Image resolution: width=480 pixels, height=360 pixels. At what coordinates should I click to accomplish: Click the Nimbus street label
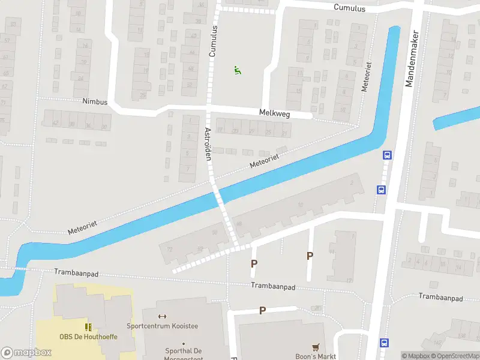coord(95,102)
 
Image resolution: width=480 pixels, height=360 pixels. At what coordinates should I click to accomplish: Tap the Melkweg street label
coord(274,112)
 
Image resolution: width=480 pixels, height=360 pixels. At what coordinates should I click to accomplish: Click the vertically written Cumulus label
coord(212,41)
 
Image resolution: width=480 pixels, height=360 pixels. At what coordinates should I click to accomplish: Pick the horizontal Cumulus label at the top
coord(350,7)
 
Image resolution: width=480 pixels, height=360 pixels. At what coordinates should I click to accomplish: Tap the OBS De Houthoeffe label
coord(88,337)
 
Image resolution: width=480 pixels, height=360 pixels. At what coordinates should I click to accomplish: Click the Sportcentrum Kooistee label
coord(162,326)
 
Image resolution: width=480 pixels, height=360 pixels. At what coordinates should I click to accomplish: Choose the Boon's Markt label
coord(316,356)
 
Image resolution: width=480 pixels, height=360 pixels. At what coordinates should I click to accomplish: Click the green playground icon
coord(238,70)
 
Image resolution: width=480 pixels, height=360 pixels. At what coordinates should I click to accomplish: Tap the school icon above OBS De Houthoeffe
coord(89,327)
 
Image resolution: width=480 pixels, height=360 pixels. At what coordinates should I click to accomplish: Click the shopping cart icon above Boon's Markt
coord(316,347)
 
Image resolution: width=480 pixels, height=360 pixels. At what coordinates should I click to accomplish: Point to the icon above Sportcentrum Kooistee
coord(161,316)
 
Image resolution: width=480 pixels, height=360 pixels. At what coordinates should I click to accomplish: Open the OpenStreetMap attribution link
coord(455,356)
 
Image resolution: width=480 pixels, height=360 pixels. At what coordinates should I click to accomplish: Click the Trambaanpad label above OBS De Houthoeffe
coord(76,273)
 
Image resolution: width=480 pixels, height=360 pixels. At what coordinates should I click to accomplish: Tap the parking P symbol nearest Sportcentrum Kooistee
coord(262,310)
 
